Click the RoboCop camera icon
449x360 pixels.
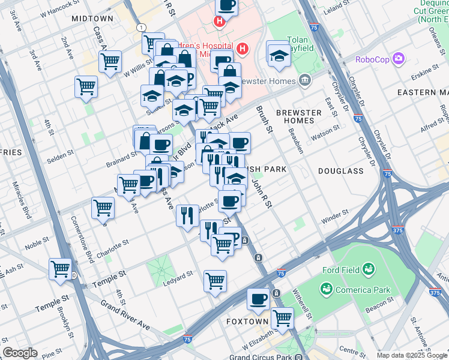coord(399,59)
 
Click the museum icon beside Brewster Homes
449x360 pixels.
coord(306,80)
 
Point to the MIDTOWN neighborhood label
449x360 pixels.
coord(92,19)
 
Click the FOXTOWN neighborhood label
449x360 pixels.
coord(247,322)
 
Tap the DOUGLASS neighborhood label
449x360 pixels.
coord(341,171)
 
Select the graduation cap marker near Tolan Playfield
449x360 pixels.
coord(279,55)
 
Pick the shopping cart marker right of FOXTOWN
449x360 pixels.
coord(282,318)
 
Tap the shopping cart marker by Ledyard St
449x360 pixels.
coord(215,280)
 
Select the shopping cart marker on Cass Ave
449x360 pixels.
coord(110,61)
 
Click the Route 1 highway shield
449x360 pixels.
coord(140,28)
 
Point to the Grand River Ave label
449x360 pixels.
coord(125,314)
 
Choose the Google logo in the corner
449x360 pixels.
coord(20,353)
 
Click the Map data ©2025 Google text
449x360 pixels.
coord(411,355)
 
